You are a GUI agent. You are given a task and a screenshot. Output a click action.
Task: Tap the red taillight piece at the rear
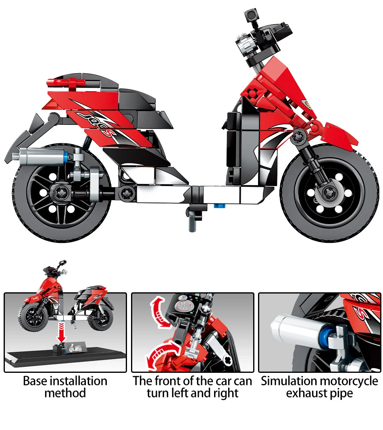pos(67,82)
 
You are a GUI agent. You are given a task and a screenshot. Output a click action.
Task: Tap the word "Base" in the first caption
pos(35,381)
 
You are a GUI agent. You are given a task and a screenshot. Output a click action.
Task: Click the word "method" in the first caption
pos(65,393)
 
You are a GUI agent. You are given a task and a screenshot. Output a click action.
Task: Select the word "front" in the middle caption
pos(170,381)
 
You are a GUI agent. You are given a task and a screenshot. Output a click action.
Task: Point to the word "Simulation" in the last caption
pos(289,381)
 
